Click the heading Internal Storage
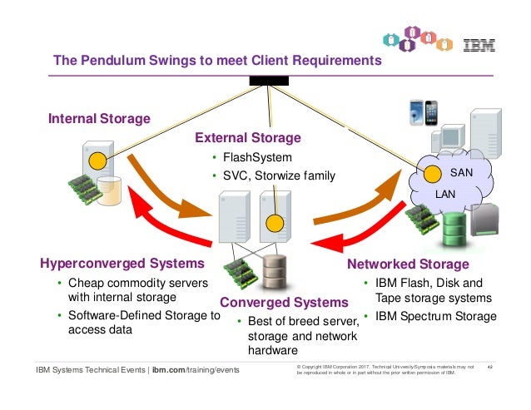99,119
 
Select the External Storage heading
247,137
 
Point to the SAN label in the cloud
460,174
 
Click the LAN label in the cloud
446,193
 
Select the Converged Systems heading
284,302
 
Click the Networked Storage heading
408,264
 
